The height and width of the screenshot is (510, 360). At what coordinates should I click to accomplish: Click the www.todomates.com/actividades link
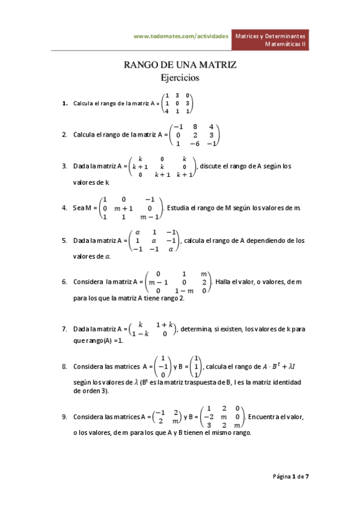[180, 36]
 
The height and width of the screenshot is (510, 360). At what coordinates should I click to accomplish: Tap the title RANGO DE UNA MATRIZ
[180, 64]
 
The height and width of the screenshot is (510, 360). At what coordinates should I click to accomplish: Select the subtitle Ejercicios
[180, 78]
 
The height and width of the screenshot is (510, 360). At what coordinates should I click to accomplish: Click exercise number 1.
[64, 103]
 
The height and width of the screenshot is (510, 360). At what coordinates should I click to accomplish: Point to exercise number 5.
[64, 241]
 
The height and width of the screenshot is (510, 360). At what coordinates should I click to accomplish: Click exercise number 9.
[64, 416]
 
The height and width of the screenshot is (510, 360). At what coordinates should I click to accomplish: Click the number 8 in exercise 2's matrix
[195, 126]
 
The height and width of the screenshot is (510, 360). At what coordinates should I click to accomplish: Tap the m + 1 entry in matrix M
[123, 208]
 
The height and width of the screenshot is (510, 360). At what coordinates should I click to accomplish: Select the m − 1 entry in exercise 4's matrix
[149, 217]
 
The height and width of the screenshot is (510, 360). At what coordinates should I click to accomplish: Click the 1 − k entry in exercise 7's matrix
[140, 333]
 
